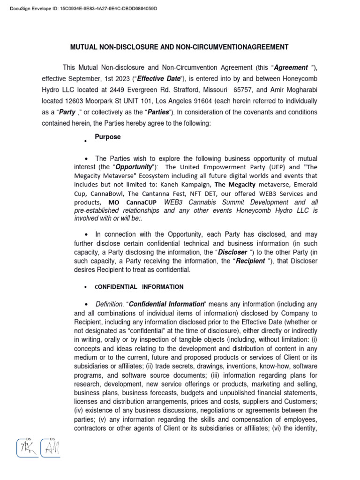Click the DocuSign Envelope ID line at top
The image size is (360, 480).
click(80, 9)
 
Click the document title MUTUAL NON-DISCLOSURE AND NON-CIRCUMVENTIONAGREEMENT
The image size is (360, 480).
click(180, 47)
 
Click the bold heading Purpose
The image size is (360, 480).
click(107, 137)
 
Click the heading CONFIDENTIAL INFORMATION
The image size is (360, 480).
click(139, 287)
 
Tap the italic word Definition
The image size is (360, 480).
click(110, 304)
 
